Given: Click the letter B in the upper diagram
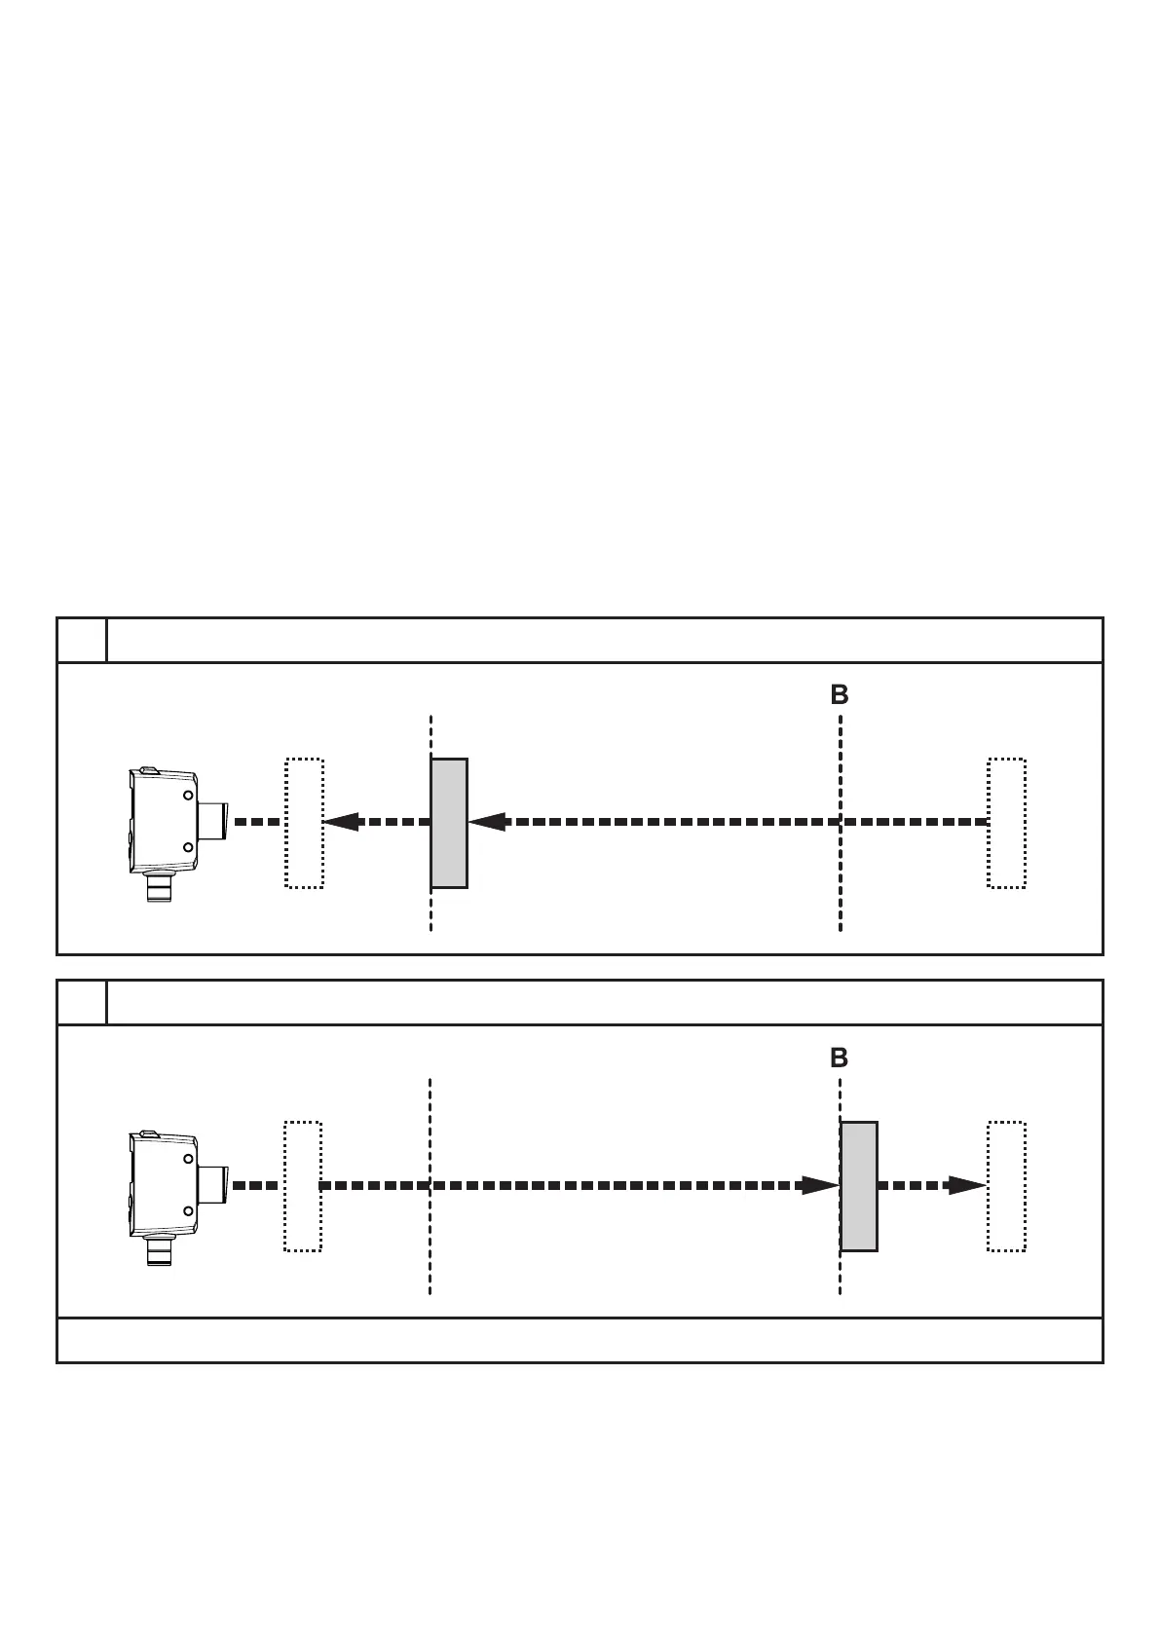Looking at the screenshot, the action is click(840, 695).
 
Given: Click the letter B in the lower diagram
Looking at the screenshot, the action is click(840, 1058).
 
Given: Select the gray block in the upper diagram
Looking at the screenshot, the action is click(449, 823).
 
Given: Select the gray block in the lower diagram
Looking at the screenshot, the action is click(859, 1186).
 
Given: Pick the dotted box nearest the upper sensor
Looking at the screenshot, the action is click(304, 823).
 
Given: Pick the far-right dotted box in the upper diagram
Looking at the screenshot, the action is click(1007, 823).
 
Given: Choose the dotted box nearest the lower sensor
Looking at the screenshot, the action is click(303, 1186).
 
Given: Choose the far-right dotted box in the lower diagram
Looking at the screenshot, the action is click(1007, 1186).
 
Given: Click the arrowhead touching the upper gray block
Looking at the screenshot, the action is click(487, 822).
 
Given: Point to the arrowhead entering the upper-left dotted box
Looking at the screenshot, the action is click(341, 822).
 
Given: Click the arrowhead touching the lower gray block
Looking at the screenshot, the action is click(820, 1185).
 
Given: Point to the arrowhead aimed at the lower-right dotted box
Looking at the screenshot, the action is click(967, 1185).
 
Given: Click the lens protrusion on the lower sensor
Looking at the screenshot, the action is click(213, 1185).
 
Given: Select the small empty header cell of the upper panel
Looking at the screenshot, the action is click(82, 640).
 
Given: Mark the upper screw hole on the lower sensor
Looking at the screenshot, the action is click(187, 1160).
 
